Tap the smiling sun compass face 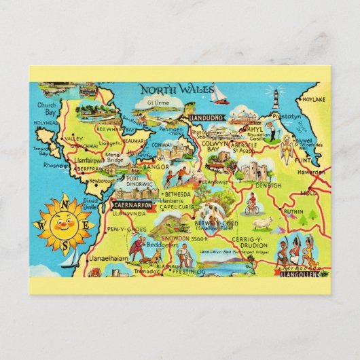click(62, 222)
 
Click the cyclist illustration click(252, 203)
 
